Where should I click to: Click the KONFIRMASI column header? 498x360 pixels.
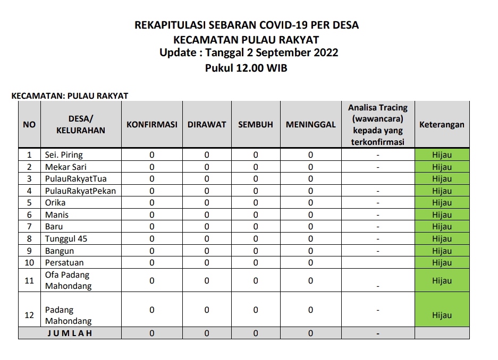point(151,124)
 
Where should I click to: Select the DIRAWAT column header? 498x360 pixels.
point(207,124)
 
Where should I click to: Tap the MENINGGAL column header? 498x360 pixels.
point(310,124)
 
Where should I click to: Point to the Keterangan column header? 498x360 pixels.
point(442,124)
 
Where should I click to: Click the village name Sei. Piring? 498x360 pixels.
point(64,155)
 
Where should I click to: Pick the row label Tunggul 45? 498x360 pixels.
point(66,238)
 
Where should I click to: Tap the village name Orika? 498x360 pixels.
point(55,203)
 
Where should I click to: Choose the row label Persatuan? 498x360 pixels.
point(64,262)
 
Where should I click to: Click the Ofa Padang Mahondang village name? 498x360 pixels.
point(68,280)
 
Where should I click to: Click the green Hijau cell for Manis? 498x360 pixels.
point(442,215)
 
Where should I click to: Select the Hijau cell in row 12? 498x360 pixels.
point(442,315)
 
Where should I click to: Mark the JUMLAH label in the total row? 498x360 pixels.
point(70,333)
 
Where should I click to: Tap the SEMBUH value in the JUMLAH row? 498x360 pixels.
point(256,333)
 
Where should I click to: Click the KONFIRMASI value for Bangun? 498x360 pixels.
point(151,251)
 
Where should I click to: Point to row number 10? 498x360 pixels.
point(29,262)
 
